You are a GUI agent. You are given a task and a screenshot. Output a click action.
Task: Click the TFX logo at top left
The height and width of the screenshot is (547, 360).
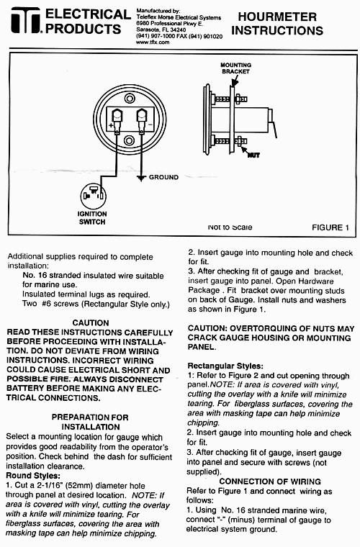pyautogui.click(x=26, y=20)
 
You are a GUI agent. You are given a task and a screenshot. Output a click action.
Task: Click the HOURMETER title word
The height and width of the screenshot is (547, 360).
pyautogui.click(x=277, y=17)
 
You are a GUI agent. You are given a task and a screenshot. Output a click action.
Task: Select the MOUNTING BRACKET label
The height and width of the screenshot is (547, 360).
pyautogui.click(x=236, y=68)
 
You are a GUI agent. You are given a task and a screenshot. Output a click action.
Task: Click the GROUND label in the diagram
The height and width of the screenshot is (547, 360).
pyautogui.click(x=163, y=177)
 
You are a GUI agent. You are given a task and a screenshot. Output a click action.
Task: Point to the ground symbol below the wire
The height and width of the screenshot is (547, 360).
pyautogui.click(x=141, y=178)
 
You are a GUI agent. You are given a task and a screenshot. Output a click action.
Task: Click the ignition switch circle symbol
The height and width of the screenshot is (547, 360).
pyautogui.click(x=93, y=196)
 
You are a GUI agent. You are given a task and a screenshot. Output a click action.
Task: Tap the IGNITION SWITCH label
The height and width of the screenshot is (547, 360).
pyautogui.click(x=92, y=217)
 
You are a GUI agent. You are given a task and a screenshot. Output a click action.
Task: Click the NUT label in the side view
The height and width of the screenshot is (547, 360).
pyautogui.click(x=253, y=155)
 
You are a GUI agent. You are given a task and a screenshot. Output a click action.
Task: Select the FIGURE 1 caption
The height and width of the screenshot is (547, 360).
pyautogui.click(x=330, y=228)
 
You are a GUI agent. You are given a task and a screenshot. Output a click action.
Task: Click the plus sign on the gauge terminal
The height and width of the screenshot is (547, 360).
pyautogui.click(x=111, y=125)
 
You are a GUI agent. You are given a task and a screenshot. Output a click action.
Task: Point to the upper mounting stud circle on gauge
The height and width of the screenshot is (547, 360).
pyautogui.click(x=130, y=99)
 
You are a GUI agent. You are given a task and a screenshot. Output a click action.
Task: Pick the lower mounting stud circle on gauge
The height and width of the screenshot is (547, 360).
pyautogui.click(x=130, y=140)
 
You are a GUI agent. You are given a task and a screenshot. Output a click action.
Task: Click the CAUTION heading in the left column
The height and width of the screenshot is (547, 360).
pyautogui.click(x=91, y=323)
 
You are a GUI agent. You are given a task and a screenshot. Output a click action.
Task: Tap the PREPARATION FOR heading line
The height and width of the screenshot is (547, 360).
pyautogui.click(x=90, y=417)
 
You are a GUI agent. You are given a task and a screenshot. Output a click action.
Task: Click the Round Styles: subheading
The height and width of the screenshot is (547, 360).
pyautogui.click(x=33, y=476)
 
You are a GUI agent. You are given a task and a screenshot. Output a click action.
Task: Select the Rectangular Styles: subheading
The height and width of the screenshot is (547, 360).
pyautogui.click(x=225, y=366)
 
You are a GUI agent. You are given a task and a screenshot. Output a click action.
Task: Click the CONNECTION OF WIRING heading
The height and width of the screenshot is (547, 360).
pyautogui.click(x=270, y=482)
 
